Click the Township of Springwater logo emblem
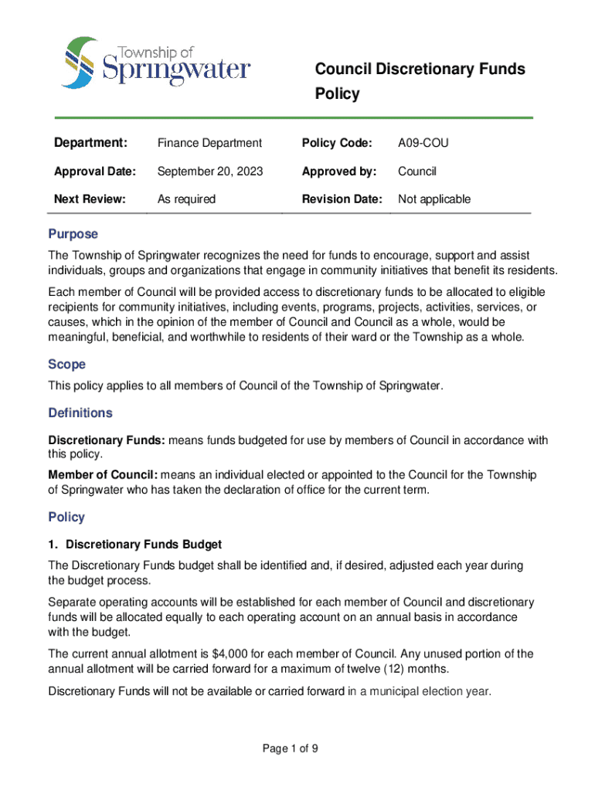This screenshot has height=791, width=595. pos(80,62)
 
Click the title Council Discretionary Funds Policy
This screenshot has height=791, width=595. pos(420,81)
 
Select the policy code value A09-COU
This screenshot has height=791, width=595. pos(423,143)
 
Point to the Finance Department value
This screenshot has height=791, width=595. pos(209,143)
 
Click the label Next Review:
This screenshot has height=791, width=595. pos(90,199)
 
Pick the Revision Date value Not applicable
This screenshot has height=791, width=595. pos(433,199)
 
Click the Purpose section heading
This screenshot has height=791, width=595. pos(73,234)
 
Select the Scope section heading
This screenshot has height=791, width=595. pos(67,364)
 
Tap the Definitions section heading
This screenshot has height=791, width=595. pos(80,412)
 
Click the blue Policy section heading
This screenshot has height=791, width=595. pos(66,517)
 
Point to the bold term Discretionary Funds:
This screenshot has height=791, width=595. pos(107,440)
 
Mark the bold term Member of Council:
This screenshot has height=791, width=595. pos(103,474)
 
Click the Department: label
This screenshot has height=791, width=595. pos(90,143)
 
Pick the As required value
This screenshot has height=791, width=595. pos(186,199)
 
